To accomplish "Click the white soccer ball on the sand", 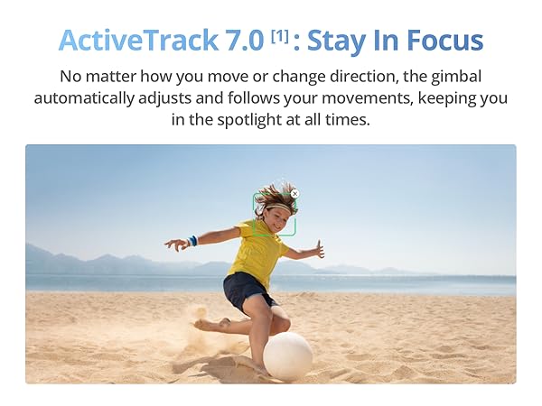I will point(287,355).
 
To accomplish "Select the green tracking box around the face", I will point(274,215).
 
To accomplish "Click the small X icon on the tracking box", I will point(294,194).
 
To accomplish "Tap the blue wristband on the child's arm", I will point(193,241).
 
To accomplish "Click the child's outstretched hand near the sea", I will point(318,250).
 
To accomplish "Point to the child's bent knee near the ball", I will point(281,322).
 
